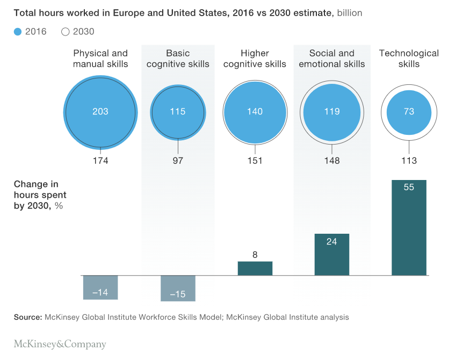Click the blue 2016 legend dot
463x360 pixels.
pos(18,32)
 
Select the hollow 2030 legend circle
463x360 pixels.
pos(66,32)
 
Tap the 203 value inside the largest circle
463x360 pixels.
pos(100,112)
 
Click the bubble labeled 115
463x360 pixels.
pos(178,112)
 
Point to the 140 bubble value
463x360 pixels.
pos(255,112)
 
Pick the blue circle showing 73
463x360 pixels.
pos(409,112)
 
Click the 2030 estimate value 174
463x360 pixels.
pos(100,161)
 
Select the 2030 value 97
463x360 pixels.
pos(178,161)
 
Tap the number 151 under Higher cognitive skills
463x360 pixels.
pos(255,161)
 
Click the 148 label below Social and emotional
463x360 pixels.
pos(332,161)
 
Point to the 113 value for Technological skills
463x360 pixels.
pos(409,161)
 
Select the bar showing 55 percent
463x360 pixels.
pos(409,228)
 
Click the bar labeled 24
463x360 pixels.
pos(331,255)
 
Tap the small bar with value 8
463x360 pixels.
pos(255,268)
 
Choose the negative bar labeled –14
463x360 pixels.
pos(100,287)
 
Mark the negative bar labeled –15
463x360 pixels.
pos(178,289)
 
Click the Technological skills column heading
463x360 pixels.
pos(409,59)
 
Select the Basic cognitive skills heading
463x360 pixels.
pos(178,59)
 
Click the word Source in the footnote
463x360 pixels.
pos(28,318)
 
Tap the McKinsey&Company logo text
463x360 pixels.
pos(60,344)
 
